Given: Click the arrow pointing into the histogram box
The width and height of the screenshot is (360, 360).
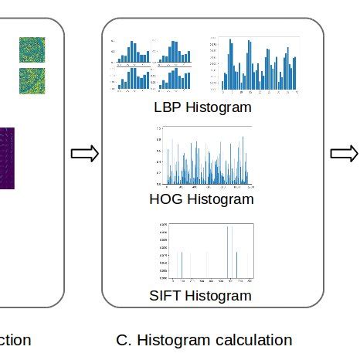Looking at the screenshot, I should (84, 154).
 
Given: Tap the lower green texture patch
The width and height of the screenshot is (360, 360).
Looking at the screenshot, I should (32, 81).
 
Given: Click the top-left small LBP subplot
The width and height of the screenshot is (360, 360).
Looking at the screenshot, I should (133, 50).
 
